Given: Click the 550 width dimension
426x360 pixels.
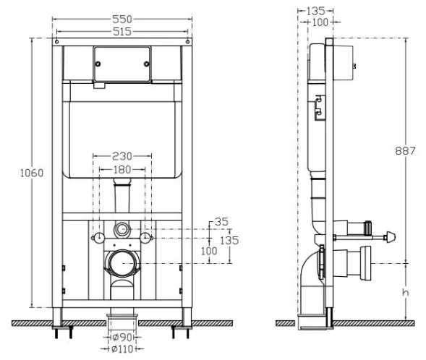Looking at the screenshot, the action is [122, 20].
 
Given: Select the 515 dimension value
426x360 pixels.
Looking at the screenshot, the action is [122, 32].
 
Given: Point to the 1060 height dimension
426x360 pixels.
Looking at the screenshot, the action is [32, 173].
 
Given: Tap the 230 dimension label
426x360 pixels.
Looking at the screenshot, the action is [122, 156].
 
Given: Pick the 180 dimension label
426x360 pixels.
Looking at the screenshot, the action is [122, 170].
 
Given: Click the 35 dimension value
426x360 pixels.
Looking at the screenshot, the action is [221, 222].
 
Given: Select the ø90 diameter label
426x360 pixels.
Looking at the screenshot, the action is [122, 338].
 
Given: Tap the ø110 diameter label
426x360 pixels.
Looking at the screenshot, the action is [122, 349].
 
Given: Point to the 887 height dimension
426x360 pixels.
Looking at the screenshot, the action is [405, 150].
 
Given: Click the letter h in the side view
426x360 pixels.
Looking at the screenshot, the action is [405, 292].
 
